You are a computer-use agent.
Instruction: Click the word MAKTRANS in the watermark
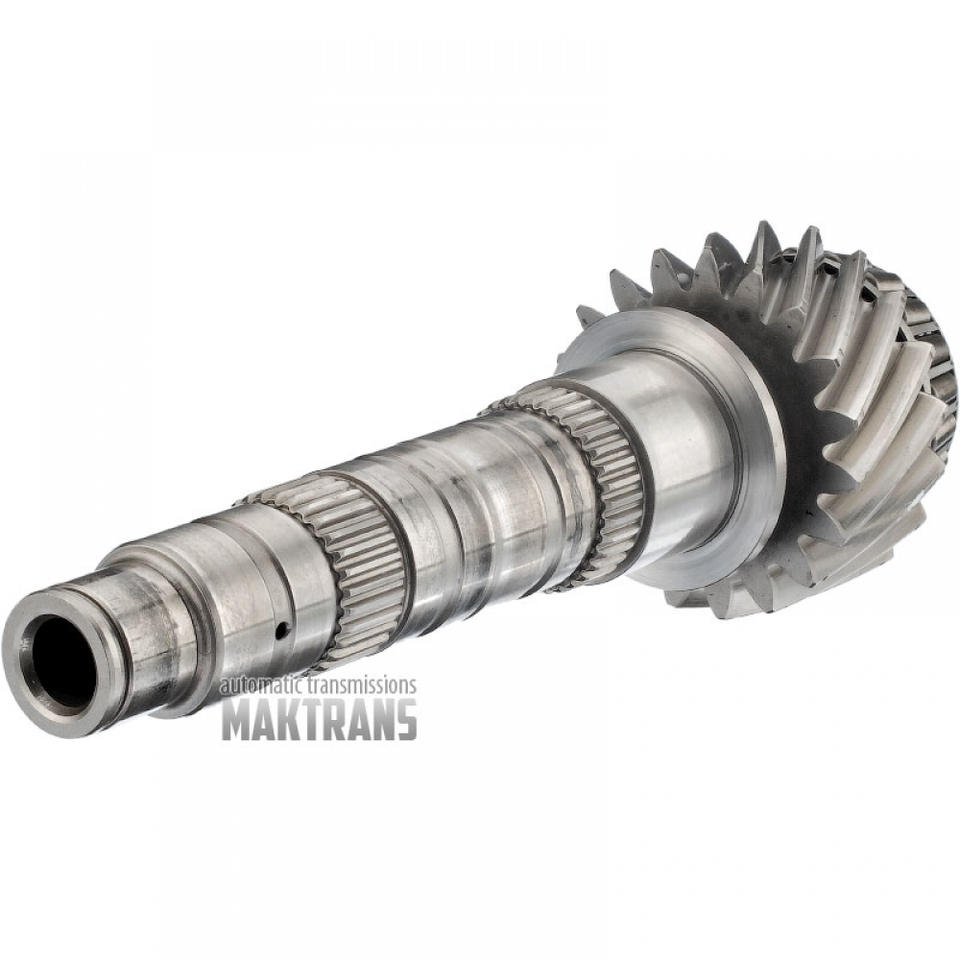[319, 718]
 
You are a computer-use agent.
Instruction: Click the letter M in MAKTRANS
[238, 718]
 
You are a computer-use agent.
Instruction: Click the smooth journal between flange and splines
[672, 432]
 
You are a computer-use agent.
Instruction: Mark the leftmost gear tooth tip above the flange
[582, 312]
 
